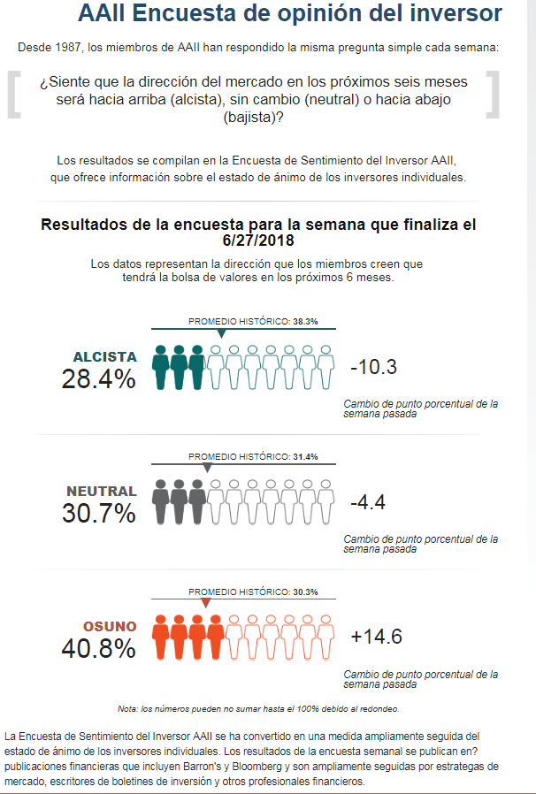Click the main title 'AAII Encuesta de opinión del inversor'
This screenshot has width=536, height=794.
coord(289,14)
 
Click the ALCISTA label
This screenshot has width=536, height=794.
coord(105,357)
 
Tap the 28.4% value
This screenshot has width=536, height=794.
coord(99,379)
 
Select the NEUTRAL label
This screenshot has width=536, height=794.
coord(102,492)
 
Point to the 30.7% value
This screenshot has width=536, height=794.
coord(99,514)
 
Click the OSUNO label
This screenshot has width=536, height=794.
coord(111,627)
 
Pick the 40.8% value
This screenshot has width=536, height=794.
coord(99,649)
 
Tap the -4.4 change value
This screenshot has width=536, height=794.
coord(368,503)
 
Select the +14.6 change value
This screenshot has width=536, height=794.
coord(377,637)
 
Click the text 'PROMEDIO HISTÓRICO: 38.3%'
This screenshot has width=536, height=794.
coord(253,322)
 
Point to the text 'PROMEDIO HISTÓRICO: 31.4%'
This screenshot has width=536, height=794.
coord(253,457)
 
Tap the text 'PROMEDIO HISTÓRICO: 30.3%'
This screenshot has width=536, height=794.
coord(253,592)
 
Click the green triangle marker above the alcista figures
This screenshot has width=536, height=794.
coord(221,334)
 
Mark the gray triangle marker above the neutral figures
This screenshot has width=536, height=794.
coord(208,469)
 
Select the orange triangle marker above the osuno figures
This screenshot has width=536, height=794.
coord(205,603)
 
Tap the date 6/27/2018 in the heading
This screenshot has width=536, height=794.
coord(258,240)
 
